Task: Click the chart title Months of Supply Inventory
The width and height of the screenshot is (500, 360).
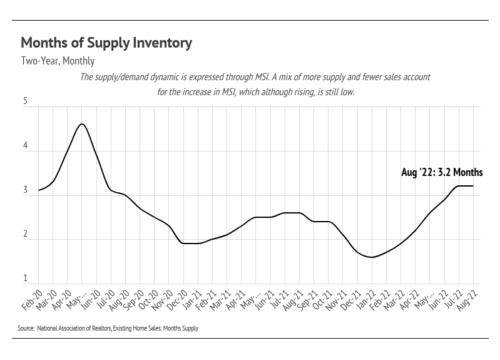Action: pyautogui.click(x=106, y=43)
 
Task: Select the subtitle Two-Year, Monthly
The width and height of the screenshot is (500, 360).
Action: pyautogui.click(x=58, y=61)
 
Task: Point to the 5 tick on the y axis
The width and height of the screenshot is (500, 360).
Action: pyautogui.click(x=26, y=101)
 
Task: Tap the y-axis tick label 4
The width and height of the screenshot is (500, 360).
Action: pyautogui.click(x=26, y=146)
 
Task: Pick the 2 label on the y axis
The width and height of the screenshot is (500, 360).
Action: pyautogui.click(x=26, y=234)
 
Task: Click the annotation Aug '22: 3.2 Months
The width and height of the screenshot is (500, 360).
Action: pyautogui.click(x=442, y=173)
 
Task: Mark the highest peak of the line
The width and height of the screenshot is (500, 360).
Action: pyautogui.click(x=81, y=124)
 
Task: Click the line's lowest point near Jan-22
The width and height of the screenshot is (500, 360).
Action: pyautogui.click(x=372, y=257)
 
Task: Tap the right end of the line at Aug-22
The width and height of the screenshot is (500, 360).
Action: pyautogui.click(x=473, y=186)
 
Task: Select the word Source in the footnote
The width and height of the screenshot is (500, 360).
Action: pyautogui.click(x=26, y=328)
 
